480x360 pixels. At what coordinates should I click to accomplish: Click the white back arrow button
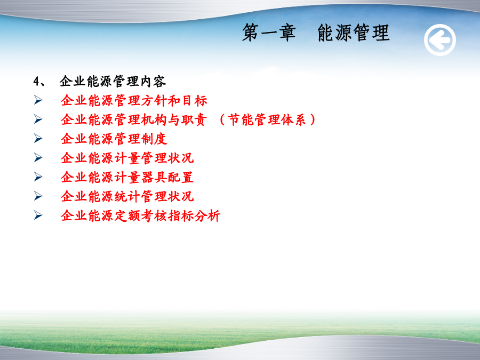click(440, 40)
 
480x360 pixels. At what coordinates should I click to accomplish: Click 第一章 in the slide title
click(269, 33)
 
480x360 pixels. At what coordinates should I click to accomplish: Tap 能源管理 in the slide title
click(353, 33)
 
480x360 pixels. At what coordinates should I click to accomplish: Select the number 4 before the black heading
click(36, 82)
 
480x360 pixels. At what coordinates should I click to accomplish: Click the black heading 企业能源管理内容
click(113, 82)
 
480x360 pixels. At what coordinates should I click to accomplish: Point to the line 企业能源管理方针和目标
click(134, 100)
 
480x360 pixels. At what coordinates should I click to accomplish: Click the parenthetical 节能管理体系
click(267, 119)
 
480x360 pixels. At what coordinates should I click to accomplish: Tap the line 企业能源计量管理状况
click(127, 158)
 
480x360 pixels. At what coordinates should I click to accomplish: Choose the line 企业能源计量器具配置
click(127, 177)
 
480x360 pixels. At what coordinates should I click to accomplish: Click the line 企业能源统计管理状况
click(127, 196)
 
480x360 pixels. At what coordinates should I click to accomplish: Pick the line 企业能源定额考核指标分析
click(141, 215)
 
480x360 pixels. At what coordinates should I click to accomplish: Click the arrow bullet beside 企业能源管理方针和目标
click(38, 100)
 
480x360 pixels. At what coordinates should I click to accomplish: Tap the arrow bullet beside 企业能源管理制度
click(38, 138)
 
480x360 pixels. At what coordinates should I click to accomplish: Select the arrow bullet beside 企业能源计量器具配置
click(38, 177)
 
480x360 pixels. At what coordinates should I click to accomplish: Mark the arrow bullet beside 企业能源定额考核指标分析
click(38, 215)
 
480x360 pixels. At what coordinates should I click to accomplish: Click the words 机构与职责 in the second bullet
click(174, 119)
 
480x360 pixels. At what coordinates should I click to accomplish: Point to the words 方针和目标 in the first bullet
click(174, 100)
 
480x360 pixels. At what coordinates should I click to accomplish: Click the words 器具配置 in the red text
click(167, 177)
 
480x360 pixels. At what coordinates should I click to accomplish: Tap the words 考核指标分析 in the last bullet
click(181, 215)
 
